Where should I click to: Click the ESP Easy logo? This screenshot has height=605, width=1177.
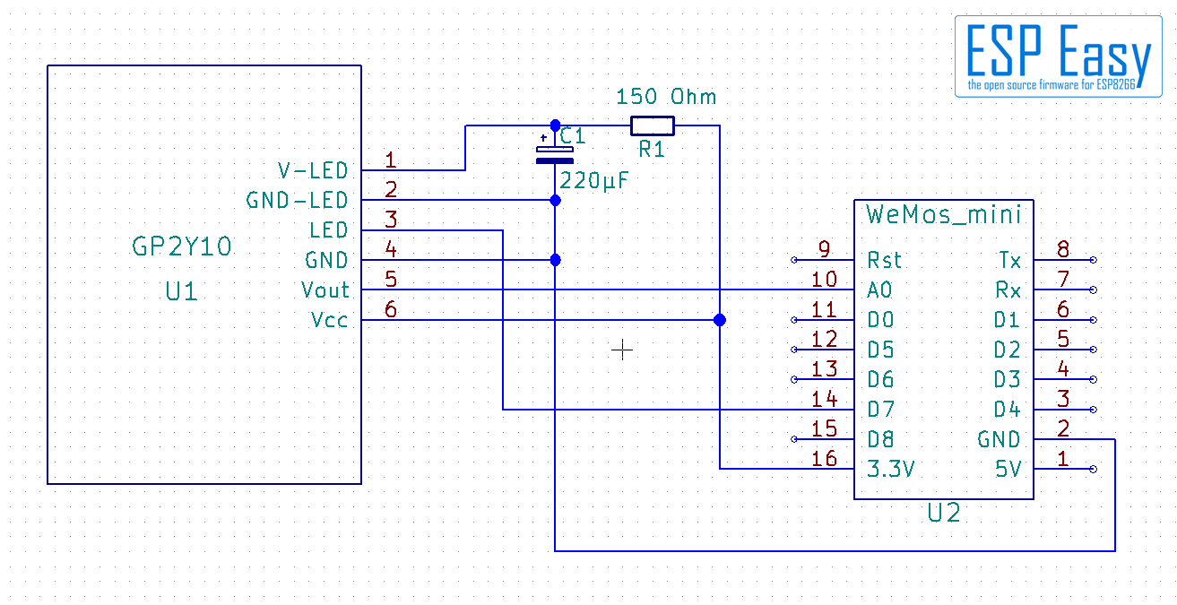pyautogui.click(x=1059, y=56)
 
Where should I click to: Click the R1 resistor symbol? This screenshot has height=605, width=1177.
pyautogui.click(x=652, y=126)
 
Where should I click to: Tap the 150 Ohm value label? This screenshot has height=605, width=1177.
pyautogui.click(x=666, y=97)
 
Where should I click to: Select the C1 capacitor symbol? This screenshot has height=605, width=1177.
pyautogui.click(x=554, y=155)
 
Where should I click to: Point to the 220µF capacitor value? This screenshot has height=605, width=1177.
pyautogui.click(x=593, y=181)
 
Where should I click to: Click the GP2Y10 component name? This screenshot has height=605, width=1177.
pyautogui.click(x=181, y=246)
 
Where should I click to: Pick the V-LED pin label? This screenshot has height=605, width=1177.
pyautogui.click(x=313, y=170)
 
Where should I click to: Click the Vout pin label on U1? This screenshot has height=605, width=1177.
pyautogui.click(x=325, y=290)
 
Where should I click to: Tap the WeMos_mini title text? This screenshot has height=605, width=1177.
pyautogui.click(x=943, y=215)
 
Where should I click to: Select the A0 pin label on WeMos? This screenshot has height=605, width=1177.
pyautogui.click(x=879, y=290)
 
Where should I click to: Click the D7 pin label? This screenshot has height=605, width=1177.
pyautogui.click(x=880, y=409)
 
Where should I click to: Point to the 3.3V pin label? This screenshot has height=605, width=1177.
pyautogui.click(x=891, y=469)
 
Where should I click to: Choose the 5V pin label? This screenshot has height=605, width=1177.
pyautogui.click(x=1008, y=469)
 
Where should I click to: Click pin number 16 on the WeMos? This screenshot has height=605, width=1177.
pyautogui.click(x=824, y=459)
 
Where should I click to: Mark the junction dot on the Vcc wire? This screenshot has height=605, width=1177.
pyautogui.click(x=720, y=320)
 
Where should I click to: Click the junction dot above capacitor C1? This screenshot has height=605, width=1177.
pyautogui.click(x=556, y=125)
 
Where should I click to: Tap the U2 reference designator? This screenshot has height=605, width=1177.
pyautogui.click(x=944, y=513)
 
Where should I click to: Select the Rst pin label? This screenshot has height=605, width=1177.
pyautogui.click(x=884, y=260)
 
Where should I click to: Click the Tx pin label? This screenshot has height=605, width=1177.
pyautogui.click(x=1009, y=260)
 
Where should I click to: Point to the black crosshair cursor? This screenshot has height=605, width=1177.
pyautogui.click(x=622, y=350)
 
